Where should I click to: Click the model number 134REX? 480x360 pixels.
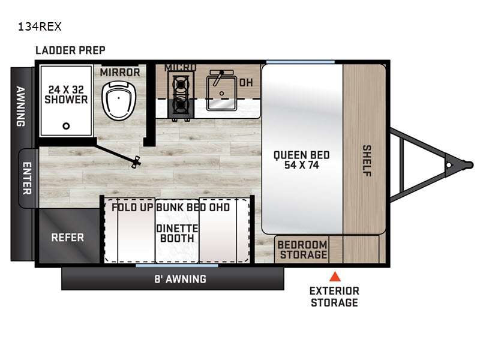40,26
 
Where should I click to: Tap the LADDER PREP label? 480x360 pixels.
70,50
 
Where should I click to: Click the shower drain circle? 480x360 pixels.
66,126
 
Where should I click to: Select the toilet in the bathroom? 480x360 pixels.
119,101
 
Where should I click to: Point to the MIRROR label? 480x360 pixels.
120,73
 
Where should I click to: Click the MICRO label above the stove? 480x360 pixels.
181,67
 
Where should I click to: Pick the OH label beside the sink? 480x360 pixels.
246,82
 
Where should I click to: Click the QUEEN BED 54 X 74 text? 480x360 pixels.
302,160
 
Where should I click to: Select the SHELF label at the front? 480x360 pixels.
367,161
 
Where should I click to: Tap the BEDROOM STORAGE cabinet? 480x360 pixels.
302,250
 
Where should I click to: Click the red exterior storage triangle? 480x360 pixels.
335,277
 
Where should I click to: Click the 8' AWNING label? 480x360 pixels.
181,279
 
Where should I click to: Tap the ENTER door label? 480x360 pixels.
27,178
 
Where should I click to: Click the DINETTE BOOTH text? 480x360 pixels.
177,233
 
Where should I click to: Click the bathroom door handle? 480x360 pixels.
136,161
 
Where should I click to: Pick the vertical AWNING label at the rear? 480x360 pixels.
20,106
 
